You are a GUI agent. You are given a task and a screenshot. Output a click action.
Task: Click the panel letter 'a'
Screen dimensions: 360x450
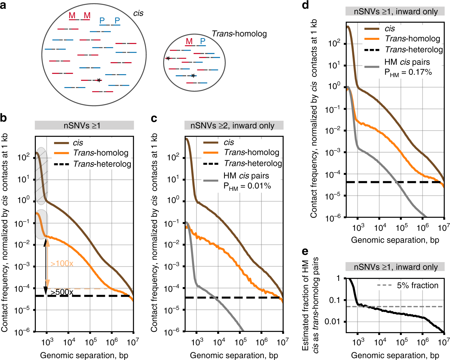3,5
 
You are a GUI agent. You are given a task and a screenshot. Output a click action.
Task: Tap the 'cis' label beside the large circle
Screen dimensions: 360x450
138,13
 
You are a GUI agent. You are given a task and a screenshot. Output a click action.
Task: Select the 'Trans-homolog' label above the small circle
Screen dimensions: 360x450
239,34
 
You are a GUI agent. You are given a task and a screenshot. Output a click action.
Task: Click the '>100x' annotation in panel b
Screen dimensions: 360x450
62,264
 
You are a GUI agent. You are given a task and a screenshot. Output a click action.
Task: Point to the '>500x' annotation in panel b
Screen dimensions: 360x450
62,292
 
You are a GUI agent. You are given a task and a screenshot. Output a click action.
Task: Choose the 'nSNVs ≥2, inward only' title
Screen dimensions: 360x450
232,126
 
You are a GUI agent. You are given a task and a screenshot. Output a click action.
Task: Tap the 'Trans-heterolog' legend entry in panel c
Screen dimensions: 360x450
253,163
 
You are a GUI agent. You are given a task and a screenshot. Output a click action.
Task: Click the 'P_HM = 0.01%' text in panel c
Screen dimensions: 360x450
247,186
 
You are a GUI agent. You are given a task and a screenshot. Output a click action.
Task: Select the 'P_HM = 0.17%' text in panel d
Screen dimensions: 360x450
408,73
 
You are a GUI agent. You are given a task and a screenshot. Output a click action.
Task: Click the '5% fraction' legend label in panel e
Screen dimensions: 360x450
418,285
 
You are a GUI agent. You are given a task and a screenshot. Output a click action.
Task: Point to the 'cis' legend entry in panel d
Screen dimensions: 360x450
390,28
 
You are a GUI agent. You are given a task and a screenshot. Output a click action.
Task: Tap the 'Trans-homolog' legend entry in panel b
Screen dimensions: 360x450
101,153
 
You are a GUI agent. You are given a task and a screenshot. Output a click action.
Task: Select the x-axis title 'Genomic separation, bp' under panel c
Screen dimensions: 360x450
234,355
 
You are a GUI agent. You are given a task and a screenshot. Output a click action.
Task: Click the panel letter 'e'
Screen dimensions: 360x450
305,252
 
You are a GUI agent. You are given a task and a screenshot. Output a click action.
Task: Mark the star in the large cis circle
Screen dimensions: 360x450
99,80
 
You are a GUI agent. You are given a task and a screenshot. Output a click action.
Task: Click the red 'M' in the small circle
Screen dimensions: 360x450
189,41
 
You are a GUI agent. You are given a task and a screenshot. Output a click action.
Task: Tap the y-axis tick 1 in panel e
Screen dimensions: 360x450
338,278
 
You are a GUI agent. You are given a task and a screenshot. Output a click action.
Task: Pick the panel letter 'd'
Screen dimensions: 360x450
305,5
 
